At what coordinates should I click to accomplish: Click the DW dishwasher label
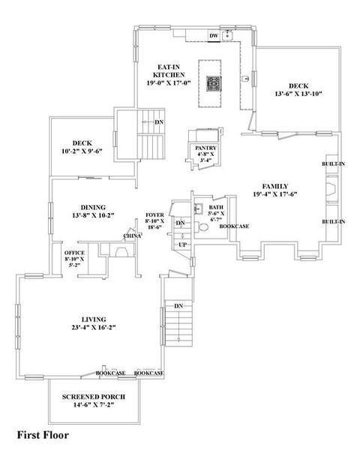click(x=214, y=36)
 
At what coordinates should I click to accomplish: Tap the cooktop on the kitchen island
click(x=214, y=84)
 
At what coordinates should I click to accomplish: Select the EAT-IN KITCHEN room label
click(x=169, y=71)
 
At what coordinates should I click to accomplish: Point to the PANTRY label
click(x=205, y=148)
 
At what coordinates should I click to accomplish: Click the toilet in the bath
click(x=202, y=227)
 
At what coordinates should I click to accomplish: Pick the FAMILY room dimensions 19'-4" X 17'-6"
click(x=275, y=194)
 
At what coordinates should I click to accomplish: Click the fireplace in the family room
click(x=331, y=189)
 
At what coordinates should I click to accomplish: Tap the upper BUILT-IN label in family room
click(x=333, y=164)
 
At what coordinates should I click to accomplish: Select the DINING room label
click(x=93, y=207)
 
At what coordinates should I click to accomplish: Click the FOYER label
click(x=154, y=215)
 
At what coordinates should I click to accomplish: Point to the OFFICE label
click(x=74, y=253)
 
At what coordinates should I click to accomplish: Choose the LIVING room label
click(x=94, y=320)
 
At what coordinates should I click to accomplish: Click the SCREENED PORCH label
click(x=94, y=397)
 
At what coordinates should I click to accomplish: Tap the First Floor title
click(x=43, y=435)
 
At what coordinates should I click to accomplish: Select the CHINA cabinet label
click(x=132, y=236)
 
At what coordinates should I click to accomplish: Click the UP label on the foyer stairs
click(x=182, y=245)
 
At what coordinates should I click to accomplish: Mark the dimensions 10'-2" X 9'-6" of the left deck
click(x=82, y=152)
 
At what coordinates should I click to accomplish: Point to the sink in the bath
click(x=198, y=209)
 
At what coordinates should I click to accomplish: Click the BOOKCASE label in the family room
click(x=234, y=227)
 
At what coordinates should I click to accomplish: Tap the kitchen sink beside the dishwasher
click(x=228, y=36)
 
